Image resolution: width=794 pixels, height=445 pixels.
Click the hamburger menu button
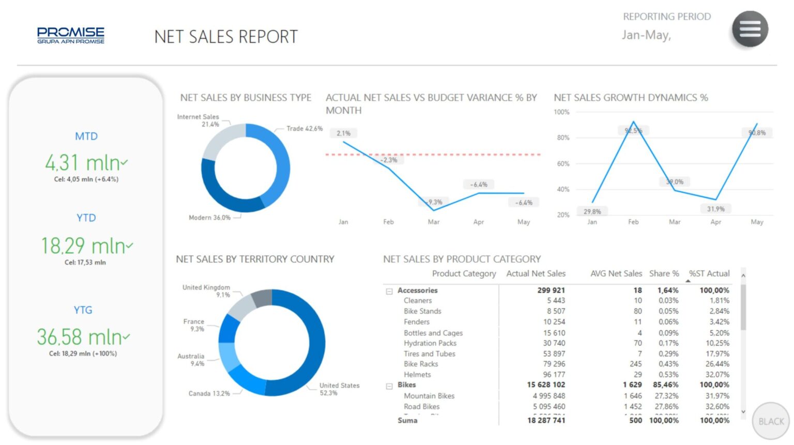[750, 29]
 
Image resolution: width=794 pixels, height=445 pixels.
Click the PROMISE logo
[71, 35]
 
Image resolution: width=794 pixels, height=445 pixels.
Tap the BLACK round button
[771, 421]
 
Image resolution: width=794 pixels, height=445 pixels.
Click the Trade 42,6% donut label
[304, 129]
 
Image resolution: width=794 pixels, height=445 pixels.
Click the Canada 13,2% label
[209, 393]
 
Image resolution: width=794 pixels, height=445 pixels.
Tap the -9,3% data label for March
[434, 202]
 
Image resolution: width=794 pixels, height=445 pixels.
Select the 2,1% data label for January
[344, 133]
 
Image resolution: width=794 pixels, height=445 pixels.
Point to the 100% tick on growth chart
[561, 112]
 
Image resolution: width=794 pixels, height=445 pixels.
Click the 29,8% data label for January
[592, 211]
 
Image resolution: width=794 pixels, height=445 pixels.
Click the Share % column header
[664, 273]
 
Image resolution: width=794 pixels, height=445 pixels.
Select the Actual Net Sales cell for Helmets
[554, 374]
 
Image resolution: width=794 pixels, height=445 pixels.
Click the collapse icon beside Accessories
[389, 291]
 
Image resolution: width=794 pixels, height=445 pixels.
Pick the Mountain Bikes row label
[429, 396]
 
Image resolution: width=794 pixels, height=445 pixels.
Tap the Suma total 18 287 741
[546, 420]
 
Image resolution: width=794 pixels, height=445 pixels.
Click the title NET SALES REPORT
[226, 37]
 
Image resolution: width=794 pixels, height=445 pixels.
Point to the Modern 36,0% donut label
[209, 218]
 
